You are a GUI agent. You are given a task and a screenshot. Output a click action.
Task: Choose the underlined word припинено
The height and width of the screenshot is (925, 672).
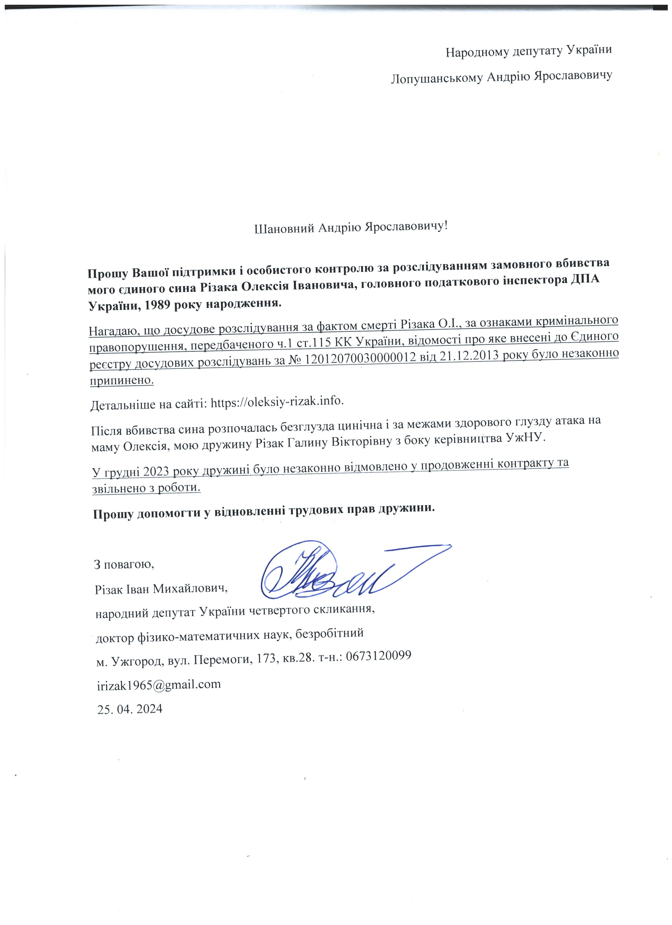tap(122, 380)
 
